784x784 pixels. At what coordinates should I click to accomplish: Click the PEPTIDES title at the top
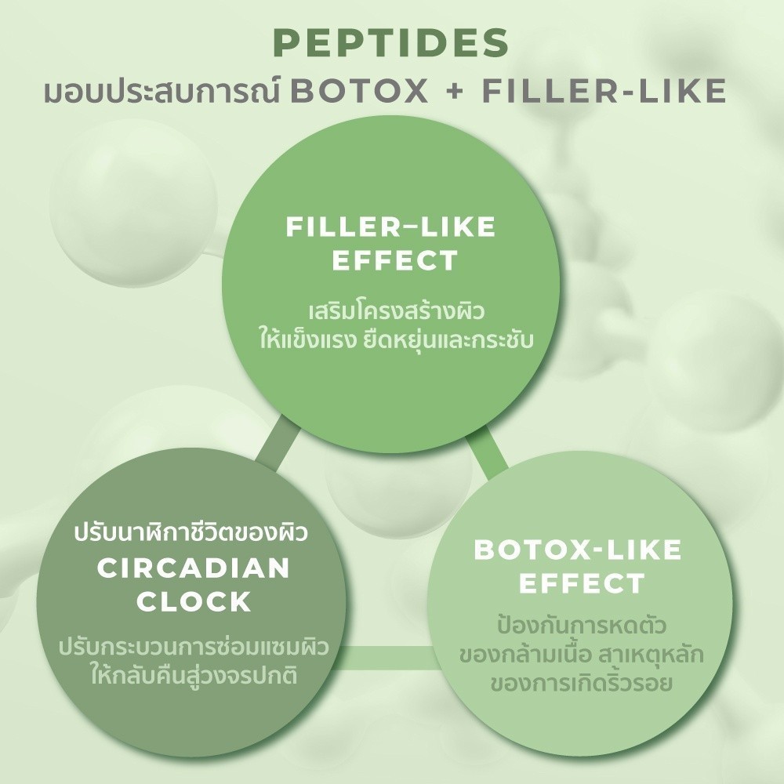391,42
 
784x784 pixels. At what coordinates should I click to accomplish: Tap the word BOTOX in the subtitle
359,91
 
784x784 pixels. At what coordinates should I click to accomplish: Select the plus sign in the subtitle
455,92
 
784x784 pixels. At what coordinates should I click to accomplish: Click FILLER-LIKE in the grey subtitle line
604,91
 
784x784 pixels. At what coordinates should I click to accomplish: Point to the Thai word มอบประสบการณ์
162,90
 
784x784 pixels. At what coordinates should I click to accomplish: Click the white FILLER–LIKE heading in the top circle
390,227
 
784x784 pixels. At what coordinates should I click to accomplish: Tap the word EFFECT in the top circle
395,260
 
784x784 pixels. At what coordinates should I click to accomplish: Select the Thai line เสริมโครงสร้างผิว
397,310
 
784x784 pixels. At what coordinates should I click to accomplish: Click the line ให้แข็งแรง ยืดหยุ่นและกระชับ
397,339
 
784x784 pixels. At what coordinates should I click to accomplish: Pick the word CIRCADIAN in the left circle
194,568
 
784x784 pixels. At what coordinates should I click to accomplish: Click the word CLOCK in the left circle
194,601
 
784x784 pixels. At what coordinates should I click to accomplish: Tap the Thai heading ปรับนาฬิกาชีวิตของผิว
191,532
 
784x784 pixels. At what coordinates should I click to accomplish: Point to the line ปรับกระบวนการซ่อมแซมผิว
194,646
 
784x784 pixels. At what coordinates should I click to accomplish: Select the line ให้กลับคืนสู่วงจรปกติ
194,674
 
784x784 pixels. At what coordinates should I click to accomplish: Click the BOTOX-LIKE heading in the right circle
578,550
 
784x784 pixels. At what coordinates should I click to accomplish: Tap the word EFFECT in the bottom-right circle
582,583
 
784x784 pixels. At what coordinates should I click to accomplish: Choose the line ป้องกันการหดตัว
582,625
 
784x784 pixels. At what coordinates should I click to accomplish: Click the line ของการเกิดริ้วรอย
582,683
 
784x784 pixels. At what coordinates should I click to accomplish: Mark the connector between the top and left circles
278,438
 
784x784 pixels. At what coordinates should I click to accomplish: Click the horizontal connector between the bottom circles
386,657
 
